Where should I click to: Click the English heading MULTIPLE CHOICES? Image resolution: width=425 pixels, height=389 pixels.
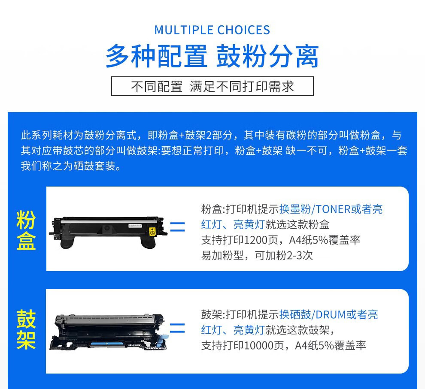point(212,30)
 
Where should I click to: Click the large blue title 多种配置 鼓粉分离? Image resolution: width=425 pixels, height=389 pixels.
point(212,56)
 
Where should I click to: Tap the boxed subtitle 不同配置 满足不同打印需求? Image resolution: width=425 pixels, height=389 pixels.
point(212,86)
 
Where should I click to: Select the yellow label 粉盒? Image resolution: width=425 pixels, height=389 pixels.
point(26,230)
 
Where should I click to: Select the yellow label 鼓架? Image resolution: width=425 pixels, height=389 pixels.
point(26,329)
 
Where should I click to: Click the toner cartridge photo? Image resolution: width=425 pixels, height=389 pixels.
point(108,232)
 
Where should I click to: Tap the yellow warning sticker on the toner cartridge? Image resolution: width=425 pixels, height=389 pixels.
point(152,232)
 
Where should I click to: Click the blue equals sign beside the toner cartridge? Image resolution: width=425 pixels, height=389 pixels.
point(178,227)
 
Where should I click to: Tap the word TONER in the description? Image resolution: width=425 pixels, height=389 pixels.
point(333,209)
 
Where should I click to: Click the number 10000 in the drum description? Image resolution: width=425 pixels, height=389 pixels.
point(258,346)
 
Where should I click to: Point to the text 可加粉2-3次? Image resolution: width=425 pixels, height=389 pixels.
point(284,256)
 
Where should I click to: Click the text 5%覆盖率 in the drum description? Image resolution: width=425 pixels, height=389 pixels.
point(342,346)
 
